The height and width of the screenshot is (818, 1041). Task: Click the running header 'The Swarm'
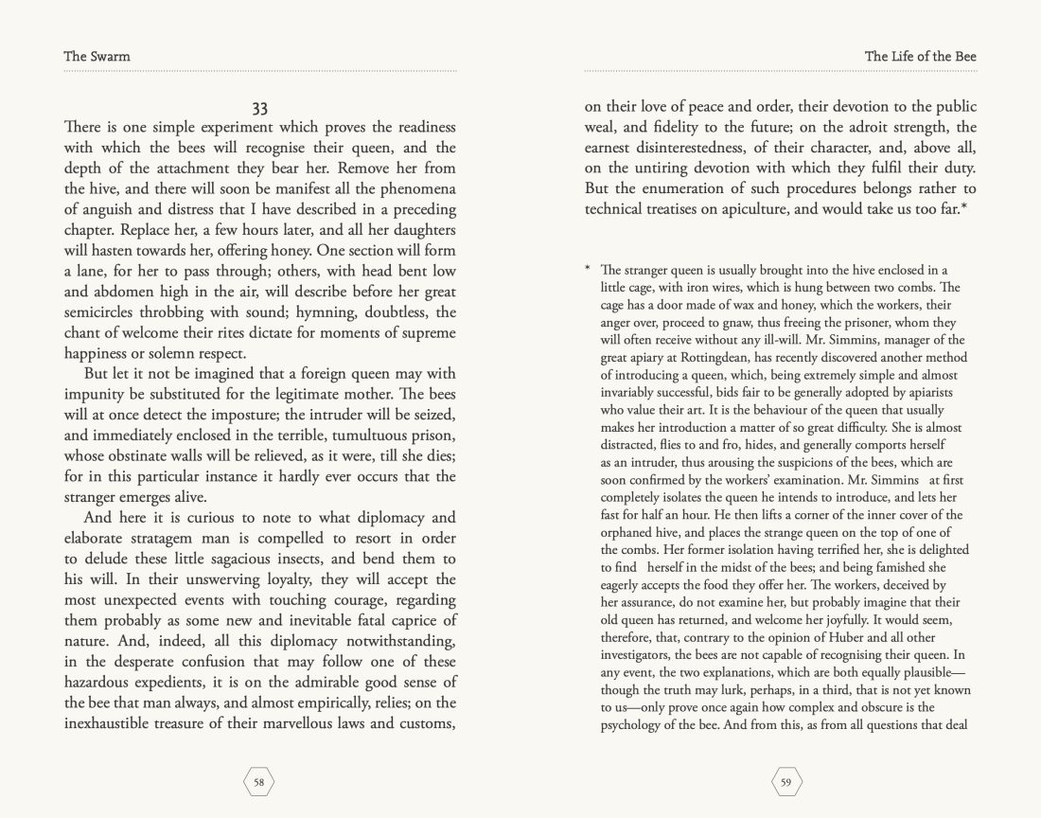(x=97, y=56)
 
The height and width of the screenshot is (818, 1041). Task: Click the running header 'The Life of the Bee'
(x=920, y=56)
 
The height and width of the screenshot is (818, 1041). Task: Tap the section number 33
(x=260, y=108)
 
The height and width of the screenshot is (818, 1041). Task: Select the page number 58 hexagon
(x=259, y=781)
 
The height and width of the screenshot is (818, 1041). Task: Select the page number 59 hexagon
(x=786, y=781)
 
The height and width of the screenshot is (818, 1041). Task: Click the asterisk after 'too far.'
(x=962, y=206)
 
